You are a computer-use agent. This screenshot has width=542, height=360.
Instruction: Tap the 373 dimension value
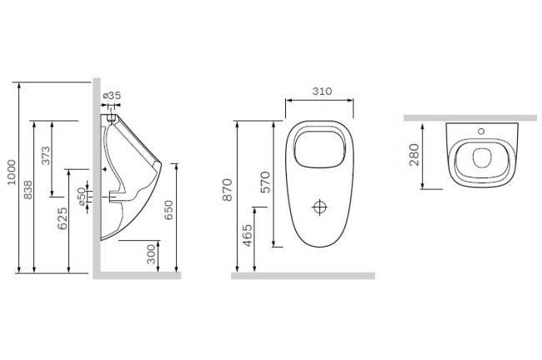click(47, 155)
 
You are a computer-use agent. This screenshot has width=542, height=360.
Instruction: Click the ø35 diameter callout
click(112, 97)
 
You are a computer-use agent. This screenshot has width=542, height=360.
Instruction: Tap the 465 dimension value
click(248, 237)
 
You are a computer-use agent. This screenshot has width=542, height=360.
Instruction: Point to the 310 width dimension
click(321, 90)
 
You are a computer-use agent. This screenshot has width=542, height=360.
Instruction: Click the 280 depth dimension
click(414, 155)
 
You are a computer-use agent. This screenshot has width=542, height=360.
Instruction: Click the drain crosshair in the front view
click(322, 206)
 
